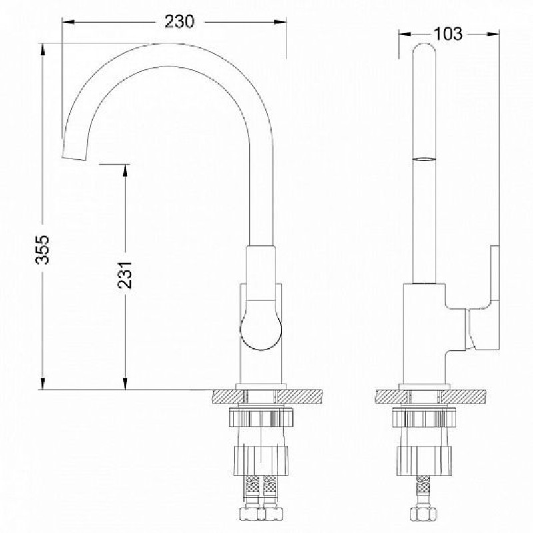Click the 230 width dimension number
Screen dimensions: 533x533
179,22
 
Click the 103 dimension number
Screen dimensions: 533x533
448,34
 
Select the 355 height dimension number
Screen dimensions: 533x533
43,249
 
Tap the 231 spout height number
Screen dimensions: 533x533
125,274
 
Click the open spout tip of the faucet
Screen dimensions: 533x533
73,158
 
